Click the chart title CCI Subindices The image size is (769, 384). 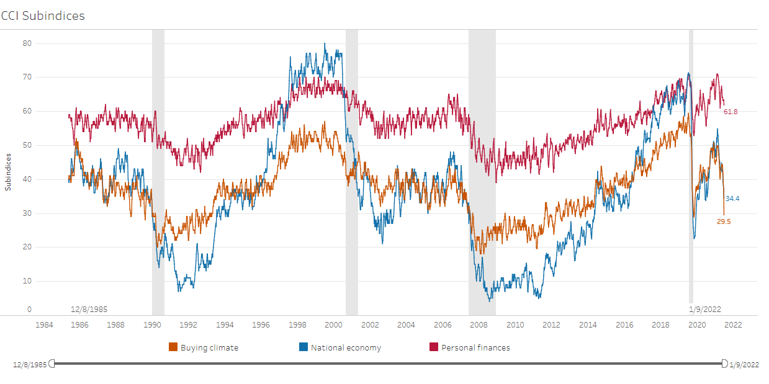tap(43, 16)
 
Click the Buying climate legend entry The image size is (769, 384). tap(209, 347)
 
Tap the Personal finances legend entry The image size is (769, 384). tap(475, 347)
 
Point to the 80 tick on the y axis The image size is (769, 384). tap(27, 43)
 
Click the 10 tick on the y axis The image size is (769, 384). tap(27, 281)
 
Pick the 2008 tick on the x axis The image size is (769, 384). tap(479, 324)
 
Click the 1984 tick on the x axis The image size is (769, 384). tap(43, 324)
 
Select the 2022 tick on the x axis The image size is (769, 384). tap(732, 324)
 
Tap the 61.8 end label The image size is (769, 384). tap(731, 112)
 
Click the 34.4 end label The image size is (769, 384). tap(732, 199)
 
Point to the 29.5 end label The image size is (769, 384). tap(724, 221)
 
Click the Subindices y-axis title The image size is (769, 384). tap(8, 171)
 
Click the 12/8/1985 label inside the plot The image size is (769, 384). tap(89, 308)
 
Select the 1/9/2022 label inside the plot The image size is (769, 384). tap(705, 308)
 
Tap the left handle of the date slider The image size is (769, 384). tap(52, 363)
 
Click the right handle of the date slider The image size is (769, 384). tap(724, 363)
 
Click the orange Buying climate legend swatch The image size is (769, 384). tap(173, 347)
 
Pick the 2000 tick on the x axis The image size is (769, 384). tap(333, 324)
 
